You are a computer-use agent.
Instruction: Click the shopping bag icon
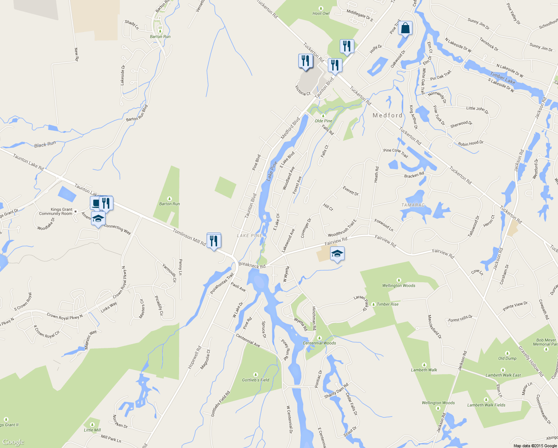(405, 28)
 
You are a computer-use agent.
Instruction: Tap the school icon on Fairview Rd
(337, 254)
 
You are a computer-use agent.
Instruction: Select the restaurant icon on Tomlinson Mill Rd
(214, 241)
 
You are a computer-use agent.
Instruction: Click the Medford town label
(388, 115)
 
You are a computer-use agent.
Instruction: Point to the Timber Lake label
(502, 78)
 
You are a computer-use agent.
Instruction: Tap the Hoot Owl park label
(321, 13)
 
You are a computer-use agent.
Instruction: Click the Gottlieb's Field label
(256, 380)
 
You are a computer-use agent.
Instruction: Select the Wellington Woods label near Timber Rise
(398, 286)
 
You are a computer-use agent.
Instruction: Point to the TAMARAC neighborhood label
(413, 205)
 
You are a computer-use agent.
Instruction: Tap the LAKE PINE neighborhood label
(249, 236)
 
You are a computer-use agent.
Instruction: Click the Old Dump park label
(507, 358)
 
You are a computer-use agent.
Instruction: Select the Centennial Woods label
(319, 343)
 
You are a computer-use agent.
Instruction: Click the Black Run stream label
(45, 144)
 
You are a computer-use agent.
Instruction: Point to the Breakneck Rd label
(252, 265)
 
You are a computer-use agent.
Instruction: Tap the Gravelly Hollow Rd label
(531, 361)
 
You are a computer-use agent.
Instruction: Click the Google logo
(13, 442)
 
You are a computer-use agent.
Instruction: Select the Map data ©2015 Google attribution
(535, 446)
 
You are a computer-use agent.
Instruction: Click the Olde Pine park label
(323, 121)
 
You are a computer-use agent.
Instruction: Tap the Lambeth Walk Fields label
(486, 405)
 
